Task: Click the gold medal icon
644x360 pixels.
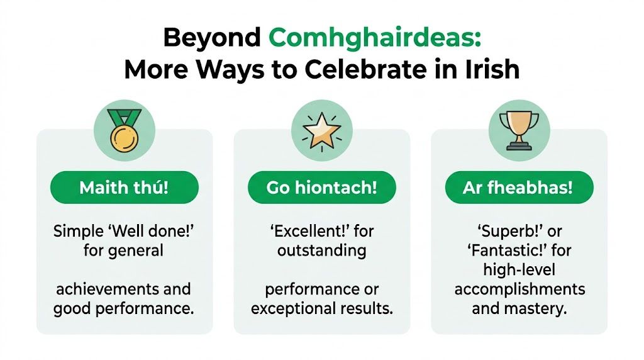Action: point(124,131)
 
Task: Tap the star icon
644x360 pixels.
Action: point(321,131)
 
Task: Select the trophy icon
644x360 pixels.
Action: point(519,131)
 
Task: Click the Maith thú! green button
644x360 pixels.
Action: point(124,188)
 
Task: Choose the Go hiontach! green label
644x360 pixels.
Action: point(321,188)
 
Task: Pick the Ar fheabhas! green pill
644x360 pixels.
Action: point(519,188)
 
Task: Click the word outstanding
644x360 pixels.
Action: point(321,250)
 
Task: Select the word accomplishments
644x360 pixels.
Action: point(519,290)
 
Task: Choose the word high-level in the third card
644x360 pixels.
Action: point(519,270)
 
